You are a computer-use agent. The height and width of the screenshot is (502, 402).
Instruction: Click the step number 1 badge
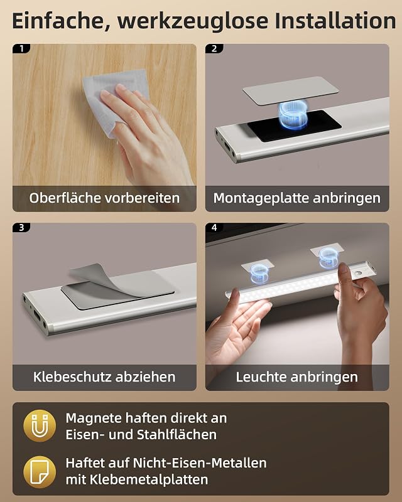click(x=21, y=48)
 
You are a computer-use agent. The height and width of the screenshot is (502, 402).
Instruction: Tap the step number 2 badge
click(x=214, y=48)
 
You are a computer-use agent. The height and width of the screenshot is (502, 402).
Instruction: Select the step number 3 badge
click(x=21, y=227)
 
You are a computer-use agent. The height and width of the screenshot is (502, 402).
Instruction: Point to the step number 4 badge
click(x=214, y=227)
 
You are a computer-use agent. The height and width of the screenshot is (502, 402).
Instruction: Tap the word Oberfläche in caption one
click(x=65, y=198)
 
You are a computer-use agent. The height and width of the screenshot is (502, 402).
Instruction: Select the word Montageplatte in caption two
click(x=261, y=198)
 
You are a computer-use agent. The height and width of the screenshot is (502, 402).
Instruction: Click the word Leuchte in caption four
click(x=260, y=377)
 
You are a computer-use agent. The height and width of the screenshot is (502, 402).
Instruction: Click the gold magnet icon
click(x=40, y=426)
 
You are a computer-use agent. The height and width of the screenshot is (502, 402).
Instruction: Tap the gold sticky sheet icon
click(x=40, y=472)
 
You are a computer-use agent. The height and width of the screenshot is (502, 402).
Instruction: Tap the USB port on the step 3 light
click(x=36, y=316)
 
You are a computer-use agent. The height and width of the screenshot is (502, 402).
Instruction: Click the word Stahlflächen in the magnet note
click(x=177, y=434)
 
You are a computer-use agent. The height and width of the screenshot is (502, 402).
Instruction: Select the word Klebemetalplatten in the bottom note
click(x=149, y=479)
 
